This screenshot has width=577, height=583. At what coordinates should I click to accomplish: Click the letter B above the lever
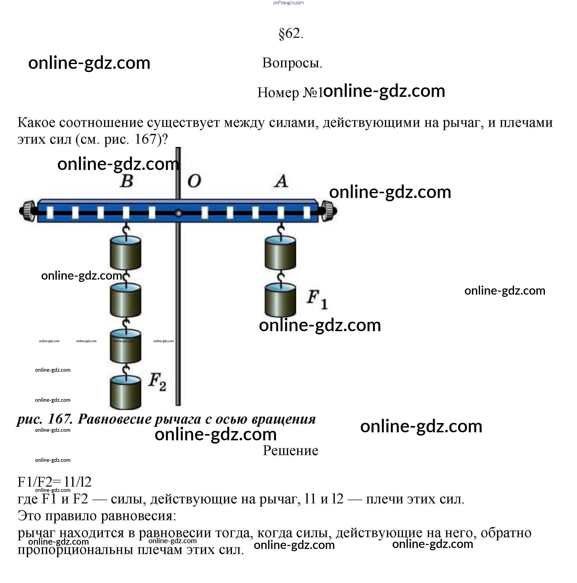pyautogui.click(x=127, y=181)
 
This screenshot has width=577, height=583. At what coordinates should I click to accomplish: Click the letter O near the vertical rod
pyautogui.click(x=194, y=181)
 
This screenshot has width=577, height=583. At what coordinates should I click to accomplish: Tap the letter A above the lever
pyautogui.click(x=281, y=181)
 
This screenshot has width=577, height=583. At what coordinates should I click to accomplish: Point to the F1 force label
pyautogui.click(x=317, y=299)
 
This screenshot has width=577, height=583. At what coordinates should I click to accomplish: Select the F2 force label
pyautogui.click(x=157, y=382)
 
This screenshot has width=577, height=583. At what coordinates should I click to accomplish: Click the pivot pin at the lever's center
pyautogui.click(x=178, y=213)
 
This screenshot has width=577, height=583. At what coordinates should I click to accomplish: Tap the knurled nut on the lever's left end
pyautogui.click(x=28, y=211)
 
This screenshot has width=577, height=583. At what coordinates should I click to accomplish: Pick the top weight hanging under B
pyautogui.click(x=125, y=253)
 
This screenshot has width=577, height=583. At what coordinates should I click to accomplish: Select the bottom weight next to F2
pyautogui.click(x=125, y=392)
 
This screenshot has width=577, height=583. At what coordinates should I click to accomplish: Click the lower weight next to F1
pyautogui.click(x=280, y=300)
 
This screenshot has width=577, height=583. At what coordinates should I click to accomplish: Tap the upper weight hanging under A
pyautogui.click(x=280, y=253)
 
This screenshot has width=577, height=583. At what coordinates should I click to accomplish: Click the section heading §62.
pyautogui.click(x=291, y=34)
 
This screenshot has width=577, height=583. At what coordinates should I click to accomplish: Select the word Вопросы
pyautogui.click(x=292, y=63)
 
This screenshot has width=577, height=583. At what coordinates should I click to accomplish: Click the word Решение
pyautogui.click(x=290, y=451)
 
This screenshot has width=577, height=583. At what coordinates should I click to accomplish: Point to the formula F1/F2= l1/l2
pyautogui.click(x=54, y=482)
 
